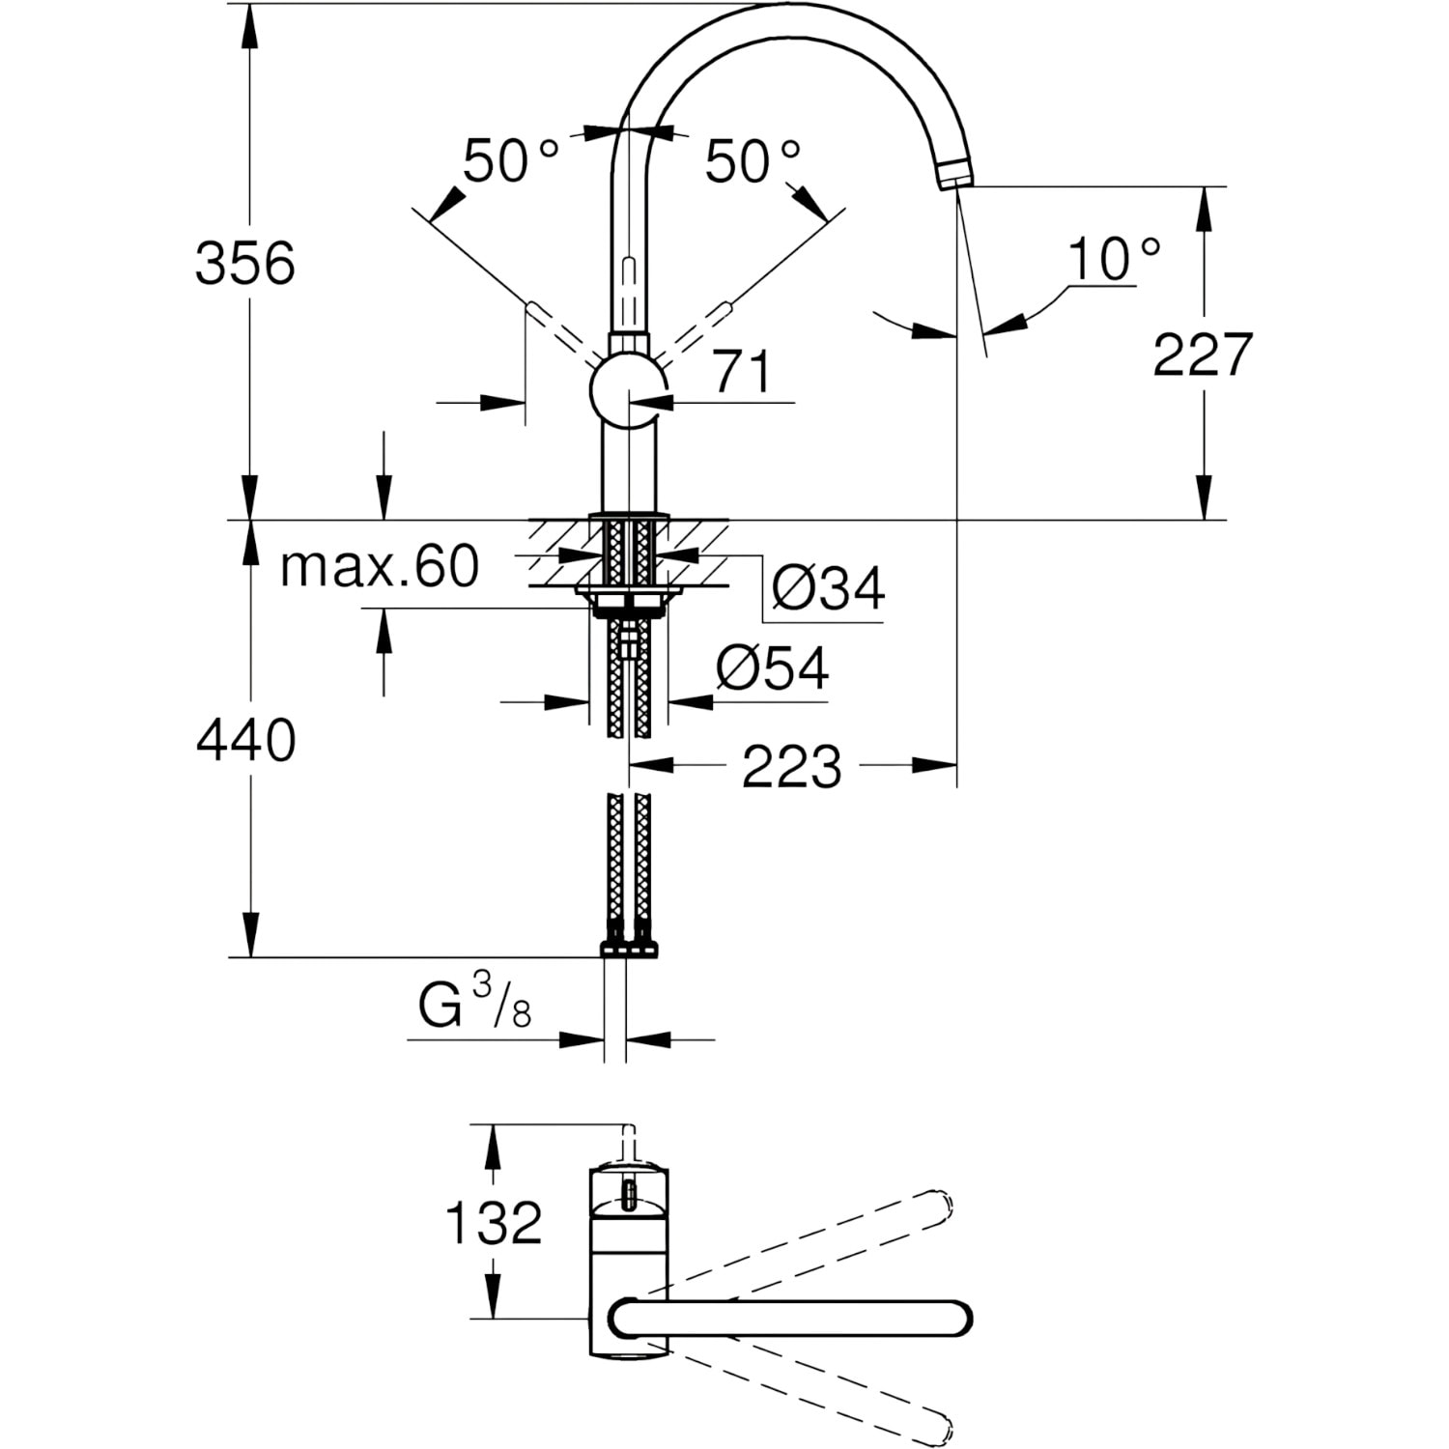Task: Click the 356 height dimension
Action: [244, 263]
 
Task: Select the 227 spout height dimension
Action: [1203, 355]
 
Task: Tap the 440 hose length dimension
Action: [245, 741]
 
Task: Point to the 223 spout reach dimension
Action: [792, 767]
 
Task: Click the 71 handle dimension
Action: [743, 372]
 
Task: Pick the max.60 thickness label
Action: [380, 566]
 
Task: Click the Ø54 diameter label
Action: [773, 668]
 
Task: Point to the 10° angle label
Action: [1114, 258]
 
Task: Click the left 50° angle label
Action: [510, 160]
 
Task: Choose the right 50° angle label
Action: [753, 160]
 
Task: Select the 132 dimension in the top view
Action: [493, 1223]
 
